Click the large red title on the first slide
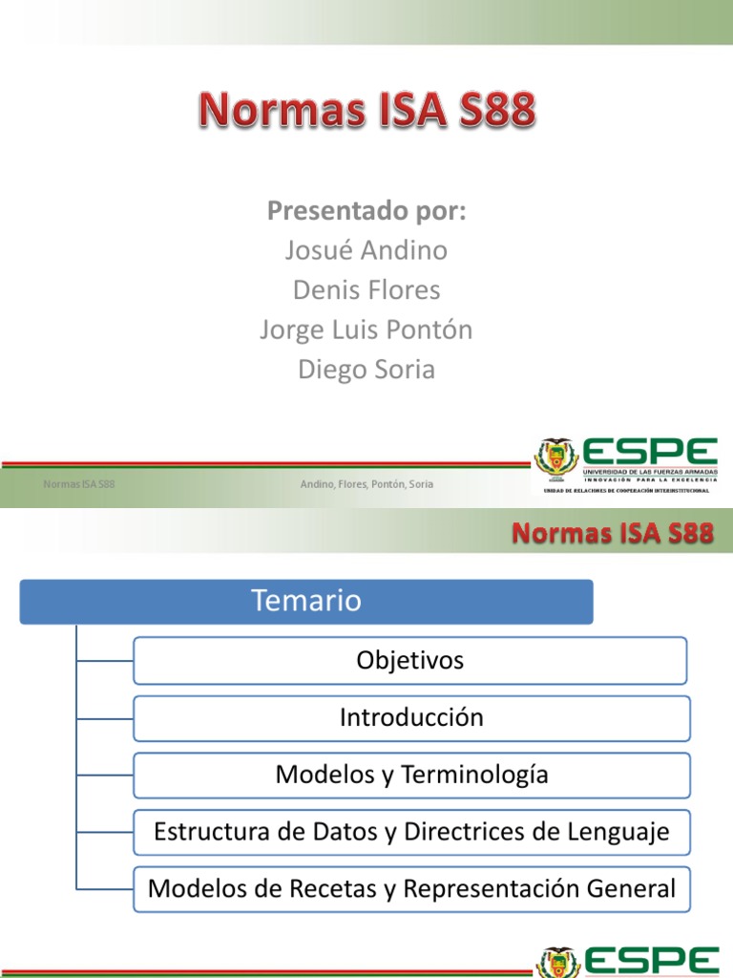[367, 113]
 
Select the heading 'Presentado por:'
[366, 211]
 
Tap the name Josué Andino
[366, 250]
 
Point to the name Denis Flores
[366, 289]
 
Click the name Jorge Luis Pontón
[366, 330]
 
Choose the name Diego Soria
[366, 370]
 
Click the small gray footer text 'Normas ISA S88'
[79, 484]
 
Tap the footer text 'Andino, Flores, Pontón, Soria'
[366, 484]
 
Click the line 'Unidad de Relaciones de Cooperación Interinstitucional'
[627, 490]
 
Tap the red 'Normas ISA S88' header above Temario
[613, 533]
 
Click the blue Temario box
[306, 602]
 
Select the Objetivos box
[409, 660]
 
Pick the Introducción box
[411, 718]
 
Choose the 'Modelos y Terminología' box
[411, 775]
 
